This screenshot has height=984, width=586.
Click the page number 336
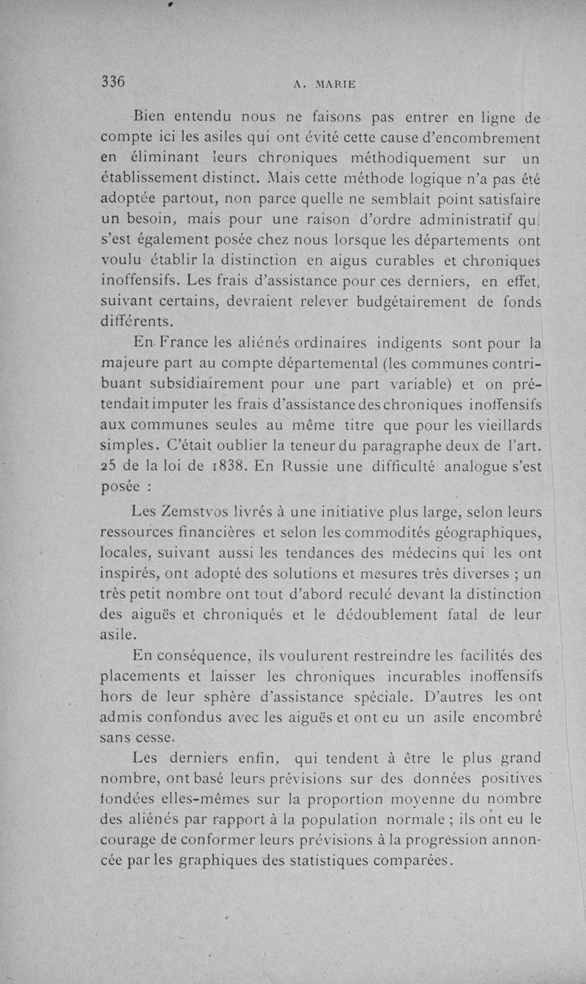pos(114,82)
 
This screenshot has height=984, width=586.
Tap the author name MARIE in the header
pos(335,84)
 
